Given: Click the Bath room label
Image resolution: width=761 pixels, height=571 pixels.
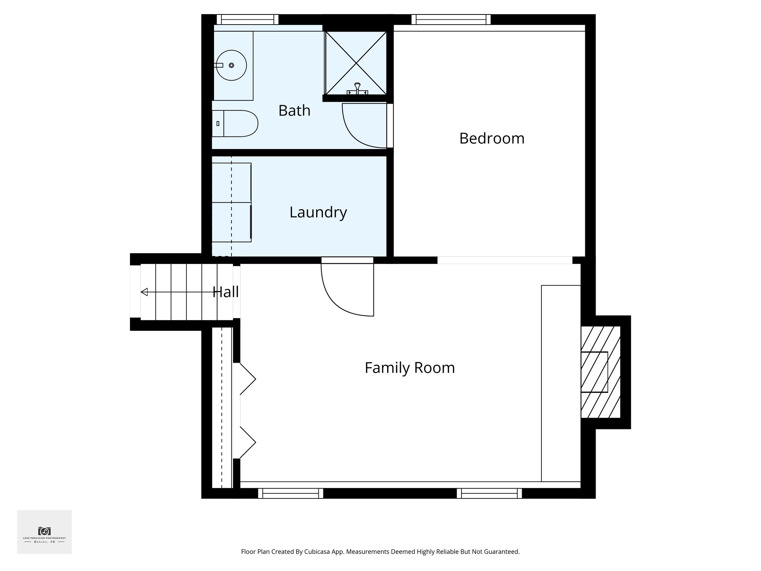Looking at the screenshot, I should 294,111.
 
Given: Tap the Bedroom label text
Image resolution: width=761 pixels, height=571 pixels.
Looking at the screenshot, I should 492,138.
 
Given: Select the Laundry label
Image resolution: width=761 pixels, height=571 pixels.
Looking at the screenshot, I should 318,212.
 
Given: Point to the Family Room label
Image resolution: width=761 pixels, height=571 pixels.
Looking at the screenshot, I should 409,368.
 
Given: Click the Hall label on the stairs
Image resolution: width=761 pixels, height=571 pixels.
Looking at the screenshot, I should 226,292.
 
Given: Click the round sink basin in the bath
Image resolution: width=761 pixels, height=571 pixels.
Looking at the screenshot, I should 231,65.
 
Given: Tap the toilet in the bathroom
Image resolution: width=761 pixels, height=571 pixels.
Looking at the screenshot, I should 236,123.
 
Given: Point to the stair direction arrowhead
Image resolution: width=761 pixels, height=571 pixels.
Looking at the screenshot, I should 144,292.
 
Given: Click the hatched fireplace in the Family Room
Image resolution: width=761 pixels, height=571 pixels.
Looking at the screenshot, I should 600,372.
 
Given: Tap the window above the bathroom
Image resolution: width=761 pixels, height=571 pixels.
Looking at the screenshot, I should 247,19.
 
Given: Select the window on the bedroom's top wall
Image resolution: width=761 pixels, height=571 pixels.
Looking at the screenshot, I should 451,19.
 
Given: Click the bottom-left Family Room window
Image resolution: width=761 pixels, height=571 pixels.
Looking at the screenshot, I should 291,493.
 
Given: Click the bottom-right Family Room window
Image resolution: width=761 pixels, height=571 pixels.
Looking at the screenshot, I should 489,493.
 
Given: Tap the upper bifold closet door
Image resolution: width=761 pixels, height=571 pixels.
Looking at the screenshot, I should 247,379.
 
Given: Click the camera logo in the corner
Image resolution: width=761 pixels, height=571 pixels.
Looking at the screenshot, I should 44,530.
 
